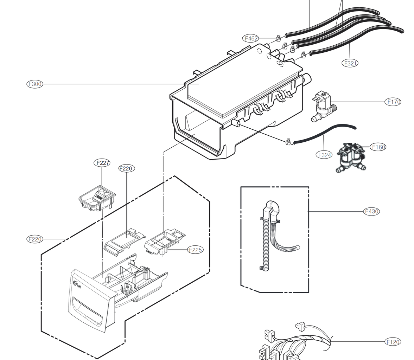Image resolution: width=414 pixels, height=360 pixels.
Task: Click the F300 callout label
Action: (35, 84)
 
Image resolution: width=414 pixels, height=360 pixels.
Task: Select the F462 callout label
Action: (251, 38)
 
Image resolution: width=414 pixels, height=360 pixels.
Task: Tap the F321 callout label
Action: (350, 63)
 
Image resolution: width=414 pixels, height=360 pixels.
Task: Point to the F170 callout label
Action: (393, 102)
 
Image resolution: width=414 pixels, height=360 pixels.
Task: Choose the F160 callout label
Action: (378, 147)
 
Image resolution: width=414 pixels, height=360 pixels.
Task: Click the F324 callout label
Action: (324, 155)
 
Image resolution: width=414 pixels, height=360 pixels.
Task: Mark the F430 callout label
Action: (371, 211)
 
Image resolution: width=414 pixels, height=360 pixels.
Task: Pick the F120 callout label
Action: (393, 342)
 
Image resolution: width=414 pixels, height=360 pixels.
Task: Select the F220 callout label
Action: (35, 239)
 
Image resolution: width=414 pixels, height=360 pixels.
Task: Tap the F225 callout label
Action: (195, 250)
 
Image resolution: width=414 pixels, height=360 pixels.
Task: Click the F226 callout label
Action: (126, 168)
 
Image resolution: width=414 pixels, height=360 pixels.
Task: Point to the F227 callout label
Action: (102, 163)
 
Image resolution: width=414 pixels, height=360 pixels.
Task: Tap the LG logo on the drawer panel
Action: (76, 285)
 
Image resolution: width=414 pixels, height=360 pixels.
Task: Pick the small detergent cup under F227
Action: (96, 199)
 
